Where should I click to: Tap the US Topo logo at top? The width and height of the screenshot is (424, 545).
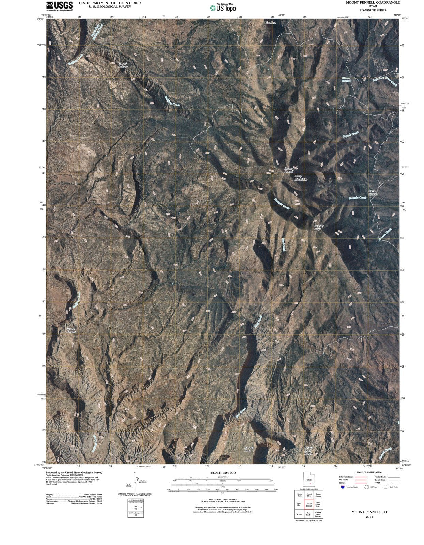point(223,7)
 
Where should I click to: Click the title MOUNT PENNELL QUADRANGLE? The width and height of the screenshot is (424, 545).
point(373,2)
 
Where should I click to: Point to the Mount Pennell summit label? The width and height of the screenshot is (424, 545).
point(289,170)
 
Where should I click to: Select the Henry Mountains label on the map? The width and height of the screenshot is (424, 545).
point(301,178)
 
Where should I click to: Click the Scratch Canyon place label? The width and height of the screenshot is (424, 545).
point(71,330)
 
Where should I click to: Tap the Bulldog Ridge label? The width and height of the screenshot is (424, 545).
point(318,227)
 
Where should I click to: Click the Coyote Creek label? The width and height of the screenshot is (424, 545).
point(350,135)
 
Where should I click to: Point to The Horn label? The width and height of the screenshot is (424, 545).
point(271,22)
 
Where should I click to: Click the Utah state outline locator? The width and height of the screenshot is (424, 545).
point(309,480)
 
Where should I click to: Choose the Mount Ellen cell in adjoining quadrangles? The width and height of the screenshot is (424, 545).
point(309,495)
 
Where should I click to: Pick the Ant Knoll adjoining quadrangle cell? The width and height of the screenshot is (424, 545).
point(308,514)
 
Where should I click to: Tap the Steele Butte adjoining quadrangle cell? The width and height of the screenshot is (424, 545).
point(300,495)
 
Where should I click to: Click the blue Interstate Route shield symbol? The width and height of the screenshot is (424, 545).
point(343,487)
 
